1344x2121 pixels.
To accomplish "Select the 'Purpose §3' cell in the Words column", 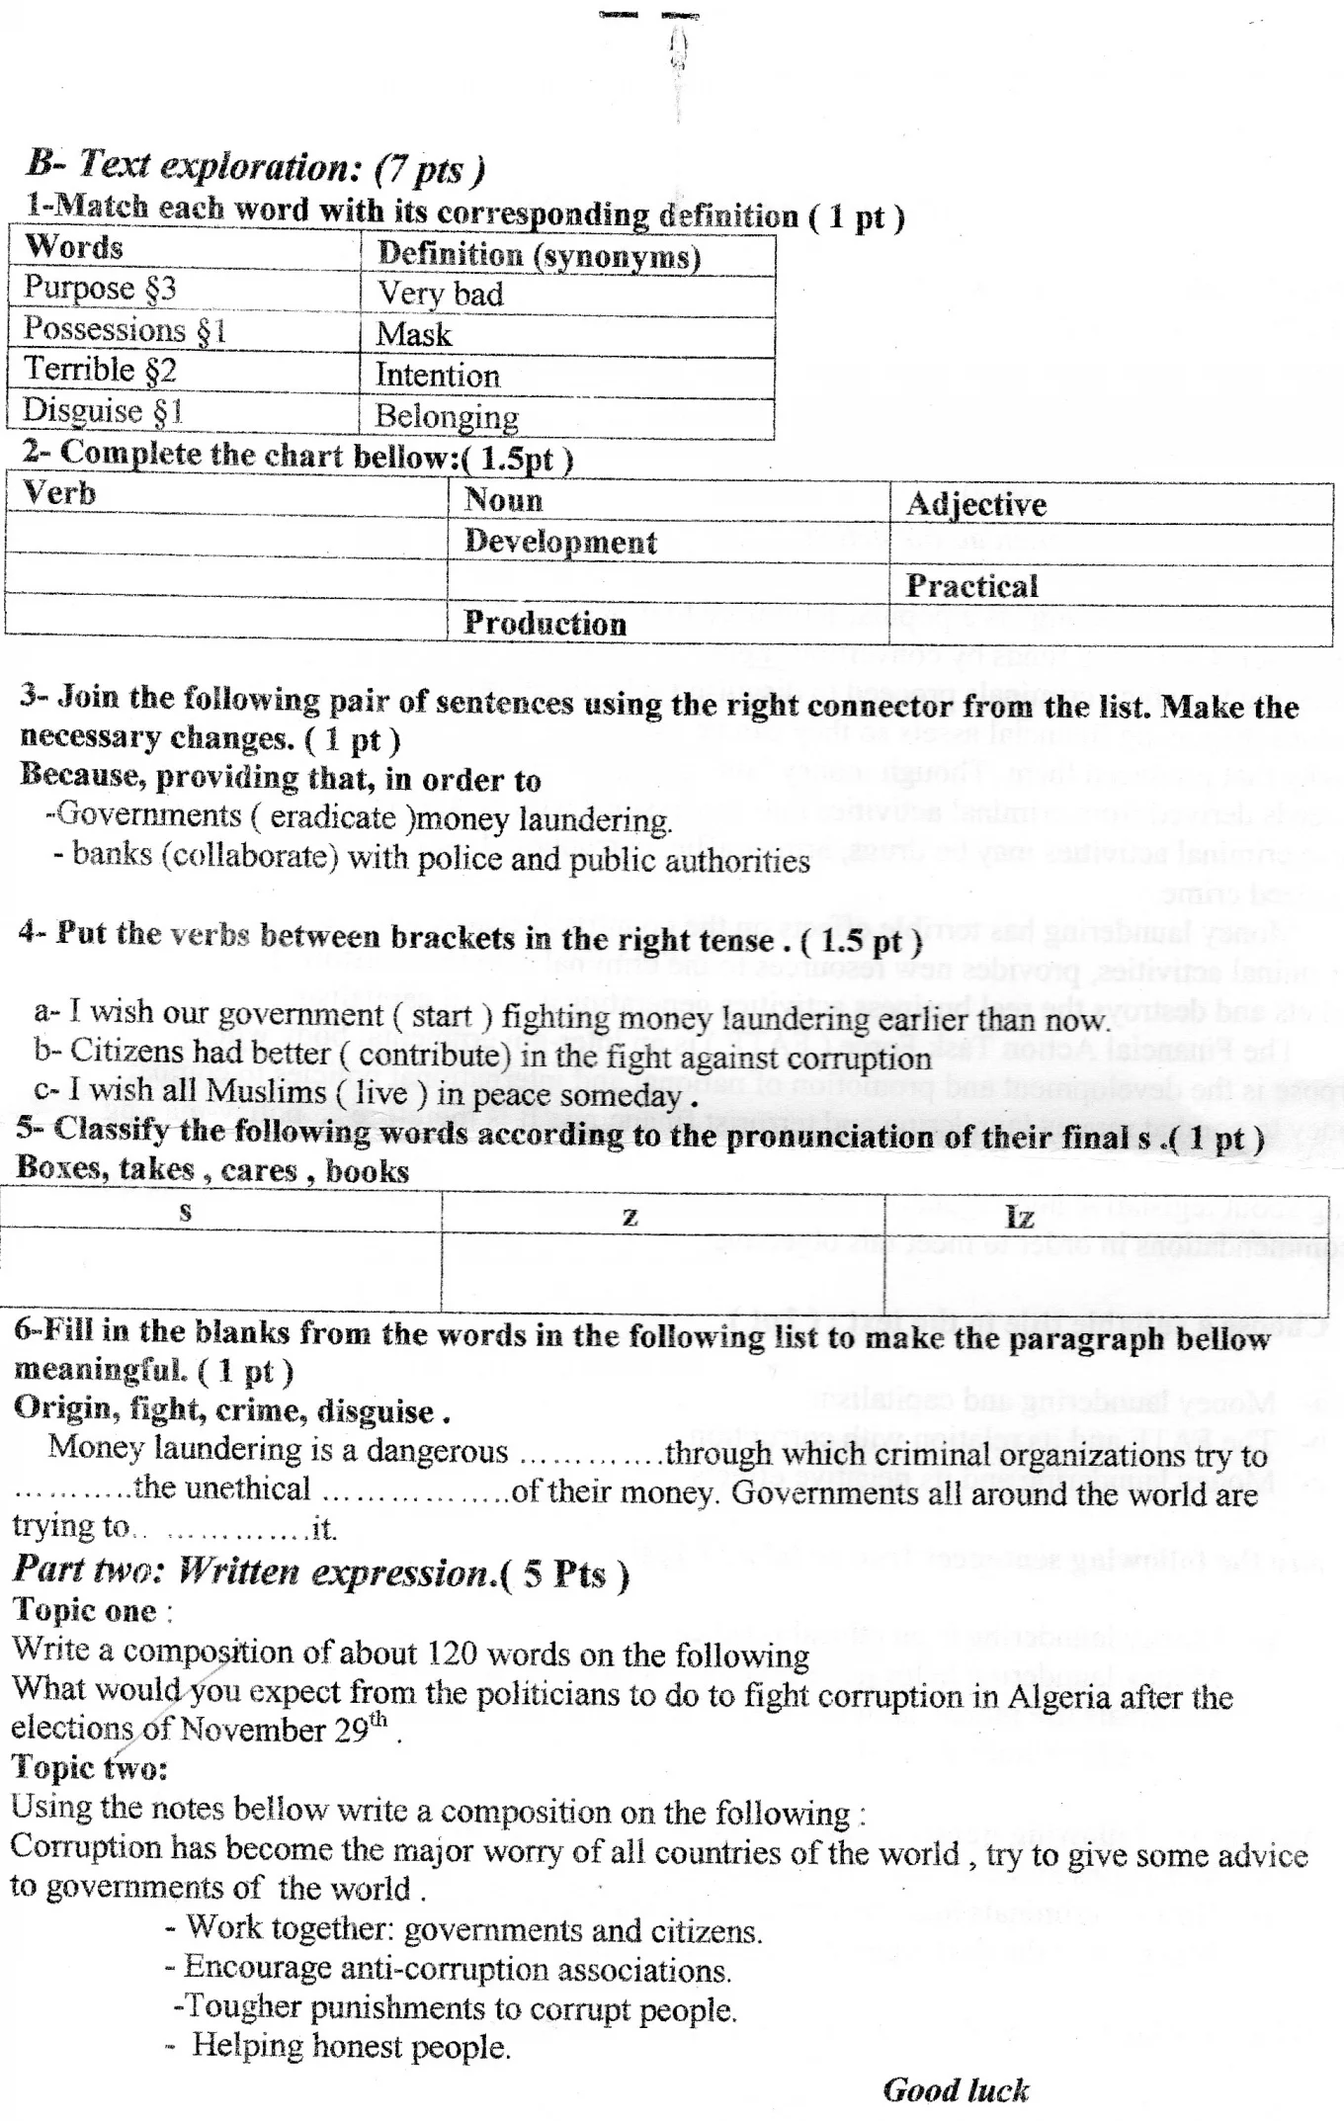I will [100, 288].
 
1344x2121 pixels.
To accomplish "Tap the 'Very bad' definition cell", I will [441, 294].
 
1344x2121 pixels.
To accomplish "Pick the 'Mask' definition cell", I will [413, 335].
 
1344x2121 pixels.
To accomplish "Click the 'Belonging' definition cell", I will [447, 417].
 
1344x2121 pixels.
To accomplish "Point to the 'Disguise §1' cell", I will [103, 410].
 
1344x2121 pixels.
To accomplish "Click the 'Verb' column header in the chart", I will [59, 492].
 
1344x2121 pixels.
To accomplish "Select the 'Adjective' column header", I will [975, 504].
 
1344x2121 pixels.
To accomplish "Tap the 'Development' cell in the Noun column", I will [559, 543].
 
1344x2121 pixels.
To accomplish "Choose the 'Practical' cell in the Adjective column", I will [971, 586].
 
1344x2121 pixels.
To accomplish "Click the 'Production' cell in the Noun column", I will [545, 624].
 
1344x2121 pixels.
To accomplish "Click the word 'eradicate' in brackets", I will [333, 817].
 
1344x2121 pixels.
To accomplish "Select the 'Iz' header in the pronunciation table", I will [1019, 1216].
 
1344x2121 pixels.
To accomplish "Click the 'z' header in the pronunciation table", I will [630, 1216].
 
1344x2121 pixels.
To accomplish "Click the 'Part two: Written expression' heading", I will [321, 1572].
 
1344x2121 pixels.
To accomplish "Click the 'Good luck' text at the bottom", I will [956, 2089].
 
